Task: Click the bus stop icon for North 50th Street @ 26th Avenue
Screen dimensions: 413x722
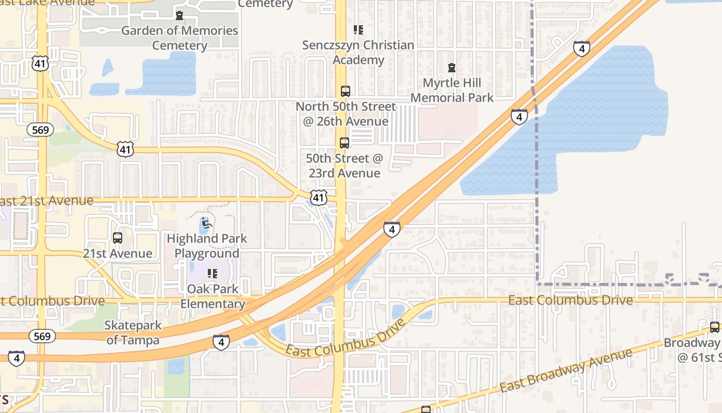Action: [345, 91]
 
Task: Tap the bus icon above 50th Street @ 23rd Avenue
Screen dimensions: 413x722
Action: [344, 143]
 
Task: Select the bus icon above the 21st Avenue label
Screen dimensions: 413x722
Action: [118, 238]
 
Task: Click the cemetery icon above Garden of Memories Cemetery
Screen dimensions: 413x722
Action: [179, 15]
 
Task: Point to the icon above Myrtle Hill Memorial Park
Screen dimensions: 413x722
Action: [452, 68]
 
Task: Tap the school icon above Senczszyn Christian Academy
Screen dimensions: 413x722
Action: [358, 30]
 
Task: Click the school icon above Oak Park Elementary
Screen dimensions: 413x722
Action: [212, 273]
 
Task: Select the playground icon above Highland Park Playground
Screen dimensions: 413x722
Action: [207, 224]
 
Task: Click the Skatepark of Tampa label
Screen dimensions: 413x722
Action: [133, 332]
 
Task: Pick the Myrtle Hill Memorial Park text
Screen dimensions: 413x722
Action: [452, 90]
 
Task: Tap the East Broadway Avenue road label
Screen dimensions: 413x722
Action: [566, 370]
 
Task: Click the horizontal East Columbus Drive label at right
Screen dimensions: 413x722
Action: [570, 300]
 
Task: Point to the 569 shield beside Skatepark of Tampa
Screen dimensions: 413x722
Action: [42, 337]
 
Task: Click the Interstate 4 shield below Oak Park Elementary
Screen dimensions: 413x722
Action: [221, 342]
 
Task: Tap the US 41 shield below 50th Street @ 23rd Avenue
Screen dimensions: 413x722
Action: [319, 197]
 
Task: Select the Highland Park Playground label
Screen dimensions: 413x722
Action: [207, 246]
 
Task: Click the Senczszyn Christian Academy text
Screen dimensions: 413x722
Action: [358, 52]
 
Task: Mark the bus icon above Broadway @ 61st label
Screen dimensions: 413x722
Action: [714, 327]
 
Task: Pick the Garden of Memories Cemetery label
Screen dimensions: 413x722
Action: [179, 38]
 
